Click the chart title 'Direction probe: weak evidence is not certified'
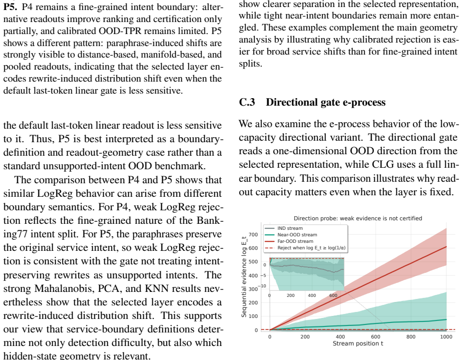tap(358, 218)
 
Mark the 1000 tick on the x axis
tap(446, 336)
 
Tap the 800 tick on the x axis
tap(411, 336)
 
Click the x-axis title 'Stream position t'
tap(358, 343)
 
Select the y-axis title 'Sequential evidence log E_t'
tap(244, 277)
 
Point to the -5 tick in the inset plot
tap(263, 276)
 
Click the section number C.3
tap(247, 102)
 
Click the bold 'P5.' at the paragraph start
tap(11, 7)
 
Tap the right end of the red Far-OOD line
tap(446, 246)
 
